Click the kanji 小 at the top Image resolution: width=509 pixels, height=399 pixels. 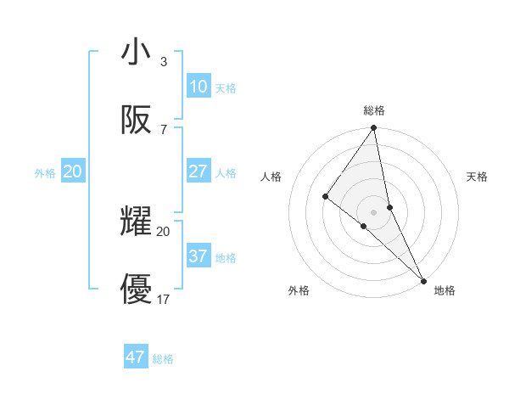(x=137, y=52)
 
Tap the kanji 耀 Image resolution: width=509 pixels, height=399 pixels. (x=137, y=222)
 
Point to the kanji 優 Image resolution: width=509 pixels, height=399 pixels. (x=137, y=289)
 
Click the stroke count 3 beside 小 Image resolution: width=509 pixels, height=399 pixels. (x=164, y=61)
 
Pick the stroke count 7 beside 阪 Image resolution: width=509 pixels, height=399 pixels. (x=164, y=129)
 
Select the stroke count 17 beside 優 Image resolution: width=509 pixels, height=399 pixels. (x=164, y=299)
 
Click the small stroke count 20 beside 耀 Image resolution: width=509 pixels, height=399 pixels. (x=164, y=231)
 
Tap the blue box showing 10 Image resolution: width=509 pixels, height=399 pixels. (x=198, y=87)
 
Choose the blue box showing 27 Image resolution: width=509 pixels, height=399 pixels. (x=198, y=171)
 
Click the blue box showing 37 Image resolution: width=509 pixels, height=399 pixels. (x=198, y=256)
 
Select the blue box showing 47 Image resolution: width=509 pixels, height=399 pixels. (x=136, y=357)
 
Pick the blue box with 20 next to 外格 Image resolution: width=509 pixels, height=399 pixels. (x=73, y=171)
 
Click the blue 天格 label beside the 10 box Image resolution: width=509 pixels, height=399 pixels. (x=226, y=88)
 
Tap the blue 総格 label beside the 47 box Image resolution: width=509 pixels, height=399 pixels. (x=163, y=359)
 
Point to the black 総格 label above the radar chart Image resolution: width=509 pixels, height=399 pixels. (x=374, y=110)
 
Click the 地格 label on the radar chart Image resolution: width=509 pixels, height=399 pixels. (x=445, y=291)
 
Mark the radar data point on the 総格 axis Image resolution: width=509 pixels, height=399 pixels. (x=374, y=128)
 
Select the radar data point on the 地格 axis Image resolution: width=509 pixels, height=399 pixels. (x=423, y=279)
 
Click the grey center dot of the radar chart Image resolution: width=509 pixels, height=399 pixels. (x=374, y=211)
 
